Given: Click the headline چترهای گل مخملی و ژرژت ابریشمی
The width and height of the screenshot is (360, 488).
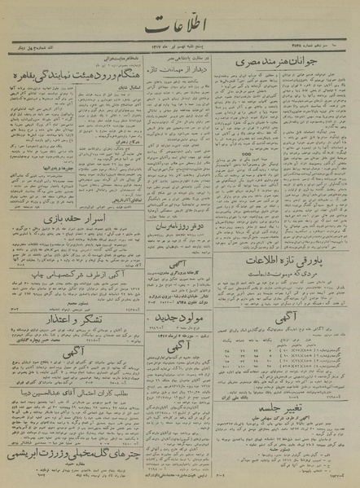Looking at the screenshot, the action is pos(87,445).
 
